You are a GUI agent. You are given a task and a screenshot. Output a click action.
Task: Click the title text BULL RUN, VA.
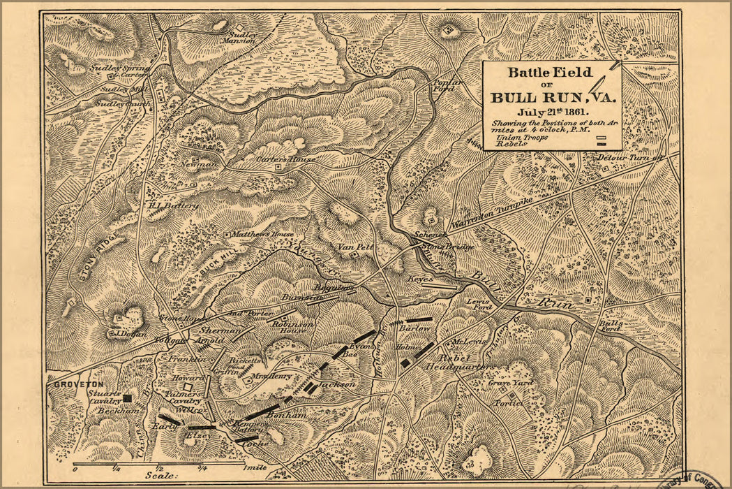(x=553, y=96)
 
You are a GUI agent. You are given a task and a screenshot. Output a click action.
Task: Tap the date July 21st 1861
(x=552, y=111)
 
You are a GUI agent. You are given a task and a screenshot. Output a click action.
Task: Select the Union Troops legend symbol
(x=599, y=138)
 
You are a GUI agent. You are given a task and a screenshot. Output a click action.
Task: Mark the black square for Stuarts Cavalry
(x=127, y=398)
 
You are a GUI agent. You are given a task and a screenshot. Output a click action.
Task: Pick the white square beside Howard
(x=186, y=385)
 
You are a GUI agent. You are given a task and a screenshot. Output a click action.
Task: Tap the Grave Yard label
(x=510, y=383)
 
